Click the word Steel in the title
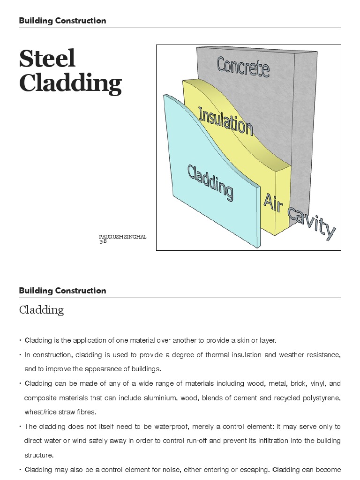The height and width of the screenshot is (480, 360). [x=47, y=59]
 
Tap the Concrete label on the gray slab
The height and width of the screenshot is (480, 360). [x=243, y=67]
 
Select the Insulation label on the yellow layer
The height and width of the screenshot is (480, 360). [x=225, y=120]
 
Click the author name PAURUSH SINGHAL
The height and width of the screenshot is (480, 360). [x=122, y=237]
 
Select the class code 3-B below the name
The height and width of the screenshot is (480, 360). [x=103, y=241]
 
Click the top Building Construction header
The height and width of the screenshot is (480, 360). [x=62, y=21]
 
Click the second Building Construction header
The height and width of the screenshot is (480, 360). [x=62, y=291]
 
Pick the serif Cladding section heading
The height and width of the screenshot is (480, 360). [x=41, y=310]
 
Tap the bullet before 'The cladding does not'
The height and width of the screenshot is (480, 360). [x=21, y=427]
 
